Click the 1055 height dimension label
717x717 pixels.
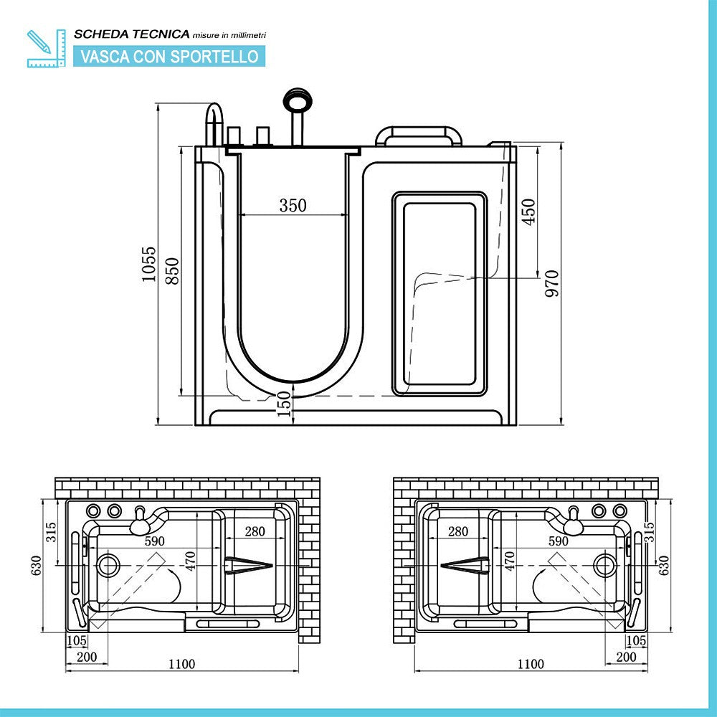click(x=148, y=265)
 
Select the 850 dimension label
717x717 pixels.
click(x=172, y=271)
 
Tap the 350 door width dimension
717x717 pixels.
click(x=293, y=206)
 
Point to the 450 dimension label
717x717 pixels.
click(x=529, y=212)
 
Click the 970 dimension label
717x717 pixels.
click(x=551, y=284)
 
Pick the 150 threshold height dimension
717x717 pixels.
click(x=285, y=404)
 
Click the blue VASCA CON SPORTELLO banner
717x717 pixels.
click(x=169, y=56)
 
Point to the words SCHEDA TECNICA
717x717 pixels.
click(x=132, y=34)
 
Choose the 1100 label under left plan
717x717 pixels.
click(x=181, y=664)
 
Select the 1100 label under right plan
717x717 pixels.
click(x=530, y=664)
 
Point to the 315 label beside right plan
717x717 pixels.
click(x=650, y=532)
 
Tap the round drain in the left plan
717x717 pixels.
click(x=109, y=565)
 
